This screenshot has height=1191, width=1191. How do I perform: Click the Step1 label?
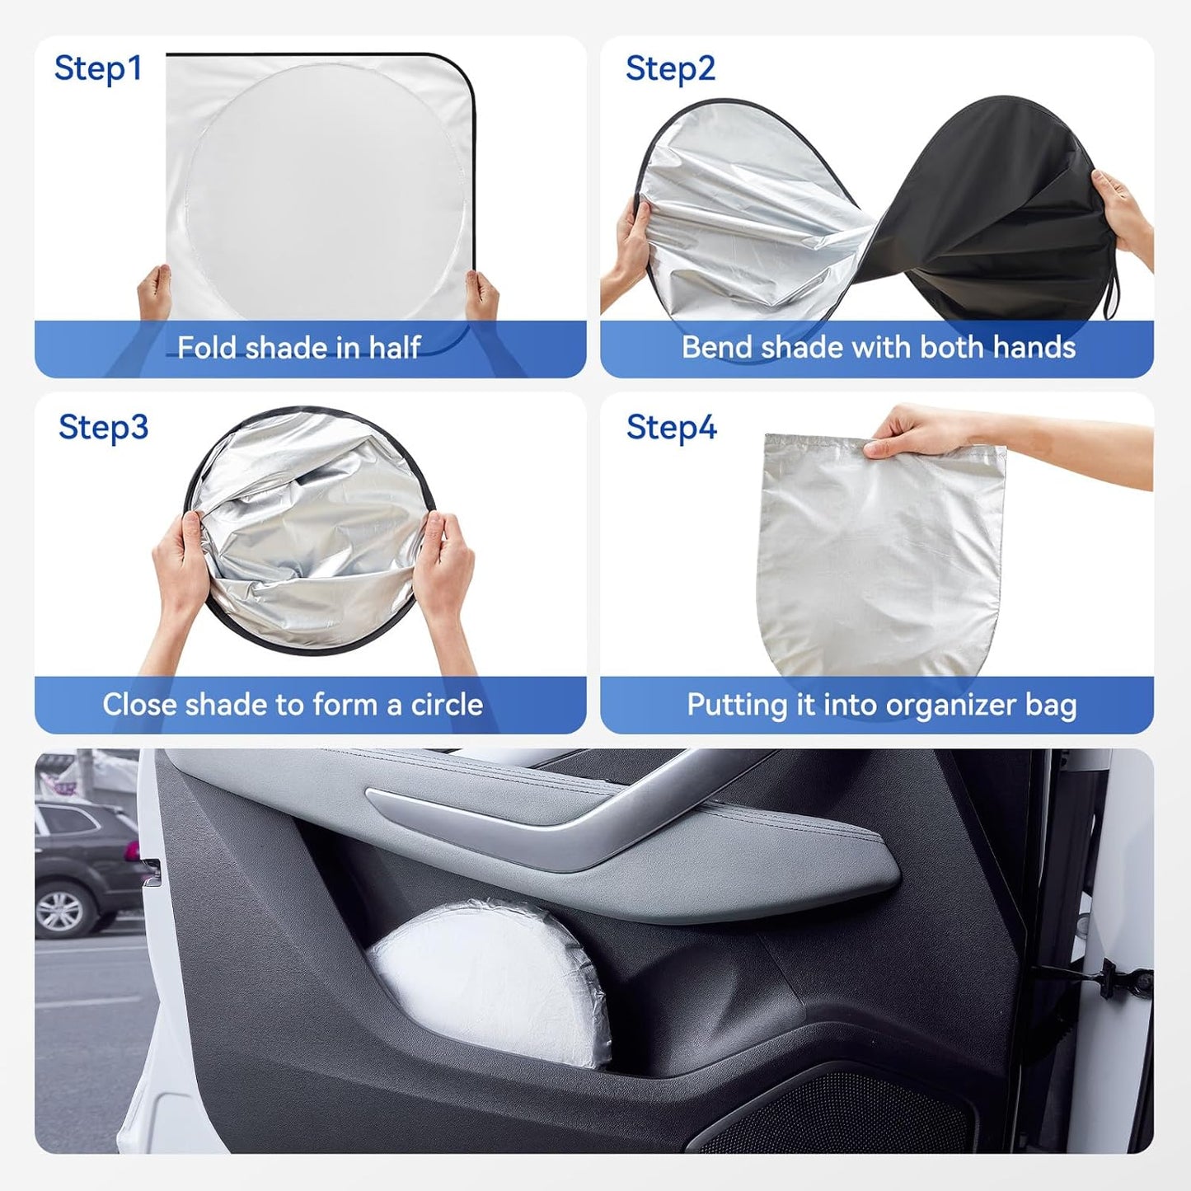pyautogui.click(x=98, y=68)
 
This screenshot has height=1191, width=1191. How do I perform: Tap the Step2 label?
pyautogui.click(x=670, y=68)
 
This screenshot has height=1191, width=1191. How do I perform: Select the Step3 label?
pyautogui.click(x=103, y=427)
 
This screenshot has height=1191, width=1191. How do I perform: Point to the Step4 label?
pyautogui.click(x=671, y=427)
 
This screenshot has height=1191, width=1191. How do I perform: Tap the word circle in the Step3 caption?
pyautogui.click(x=447, y=705)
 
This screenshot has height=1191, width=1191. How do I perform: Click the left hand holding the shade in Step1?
pyautogui.click(x=153, y=293)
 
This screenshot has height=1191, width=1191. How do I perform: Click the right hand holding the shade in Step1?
pyautogui.click(x=481, y=297)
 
